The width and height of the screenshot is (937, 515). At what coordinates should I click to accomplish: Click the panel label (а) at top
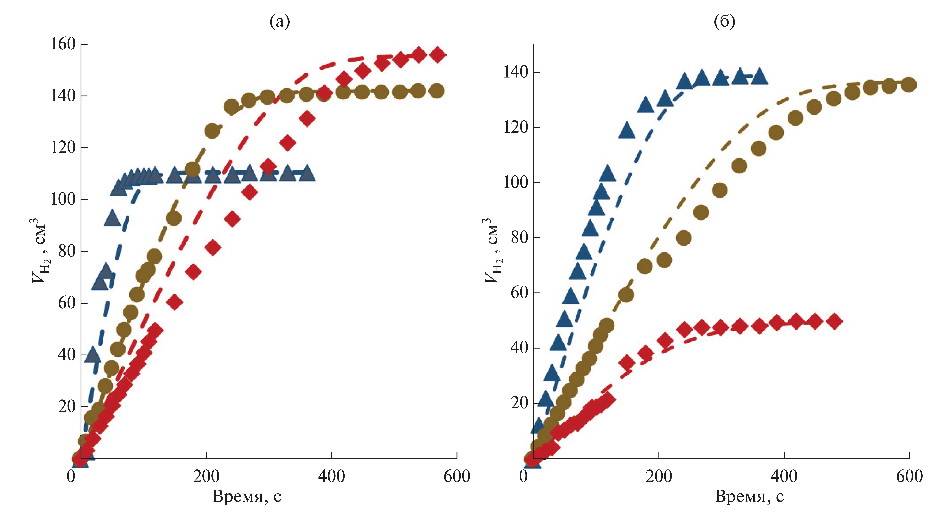280,22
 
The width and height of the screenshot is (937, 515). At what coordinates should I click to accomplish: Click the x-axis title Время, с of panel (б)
749,496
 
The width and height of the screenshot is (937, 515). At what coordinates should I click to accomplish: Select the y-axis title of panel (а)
39,251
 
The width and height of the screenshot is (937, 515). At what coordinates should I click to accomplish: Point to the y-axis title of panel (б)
492,251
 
